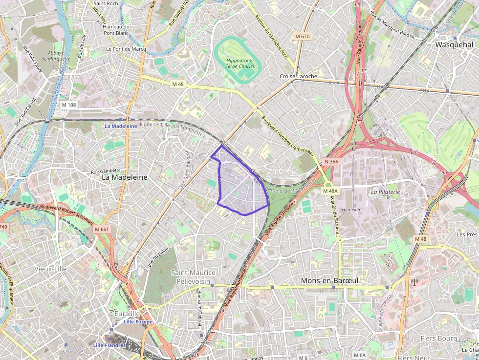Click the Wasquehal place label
(454, 44)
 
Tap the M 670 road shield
(303, 36)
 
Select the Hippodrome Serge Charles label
(240, 63)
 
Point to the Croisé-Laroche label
(298, 76)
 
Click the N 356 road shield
(331, 161)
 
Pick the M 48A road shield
(330, 191)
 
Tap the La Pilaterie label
(385, 192)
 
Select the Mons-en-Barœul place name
(329, 280)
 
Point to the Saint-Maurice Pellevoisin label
(193, 277)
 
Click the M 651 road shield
(102, 229)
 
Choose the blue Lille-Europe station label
(138, 322)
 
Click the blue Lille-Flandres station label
(109, 345)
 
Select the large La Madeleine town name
(124, 178)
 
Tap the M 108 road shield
(69, 105)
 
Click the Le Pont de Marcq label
(126, 49)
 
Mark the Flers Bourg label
(438, 338)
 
